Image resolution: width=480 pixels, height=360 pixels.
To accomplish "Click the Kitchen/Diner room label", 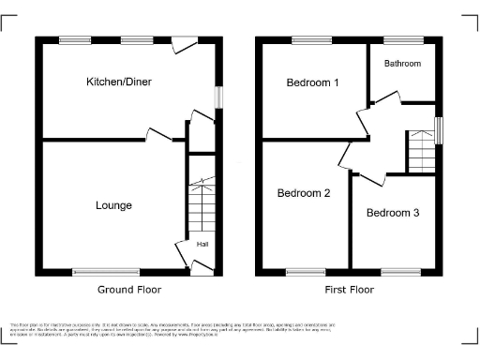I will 119,82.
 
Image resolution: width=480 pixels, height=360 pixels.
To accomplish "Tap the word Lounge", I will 112,205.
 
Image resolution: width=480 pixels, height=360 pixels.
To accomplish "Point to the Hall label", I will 202,245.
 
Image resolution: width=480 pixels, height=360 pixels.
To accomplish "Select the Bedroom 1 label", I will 312,82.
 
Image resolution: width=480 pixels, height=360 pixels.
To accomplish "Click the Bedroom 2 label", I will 304,194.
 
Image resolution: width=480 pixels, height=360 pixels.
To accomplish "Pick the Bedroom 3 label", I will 393,213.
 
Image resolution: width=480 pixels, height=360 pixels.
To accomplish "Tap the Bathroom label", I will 403,64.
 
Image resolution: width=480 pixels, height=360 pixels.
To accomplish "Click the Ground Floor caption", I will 129,290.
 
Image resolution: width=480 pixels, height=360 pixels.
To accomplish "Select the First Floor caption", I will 350,290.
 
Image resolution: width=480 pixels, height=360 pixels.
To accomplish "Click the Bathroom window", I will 403,39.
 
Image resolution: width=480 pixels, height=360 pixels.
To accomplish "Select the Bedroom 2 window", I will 305,273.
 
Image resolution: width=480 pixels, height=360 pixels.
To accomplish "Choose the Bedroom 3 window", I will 401,273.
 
